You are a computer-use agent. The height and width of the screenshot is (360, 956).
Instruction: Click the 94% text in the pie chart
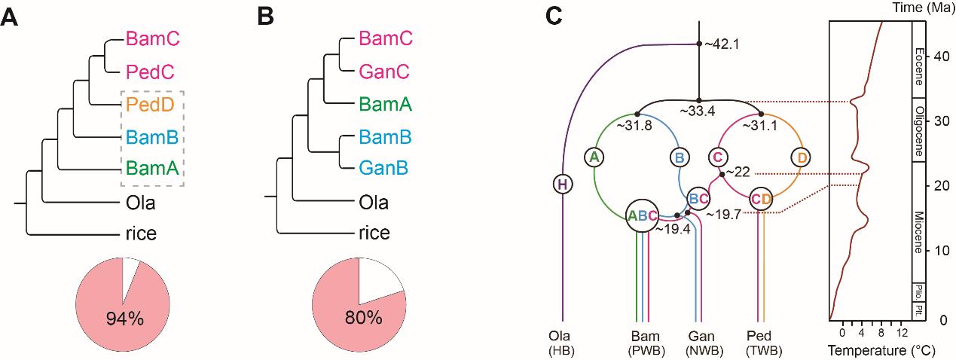click(124, 319)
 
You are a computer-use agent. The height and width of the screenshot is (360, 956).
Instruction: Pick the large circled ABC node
click(642, 215)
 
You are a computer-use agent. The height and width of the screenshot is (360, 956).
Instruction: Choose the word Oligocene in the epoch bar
click(919, 130)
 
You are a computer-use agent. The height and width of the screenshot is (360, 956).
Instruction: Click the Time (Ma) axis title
click(924, 9)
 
